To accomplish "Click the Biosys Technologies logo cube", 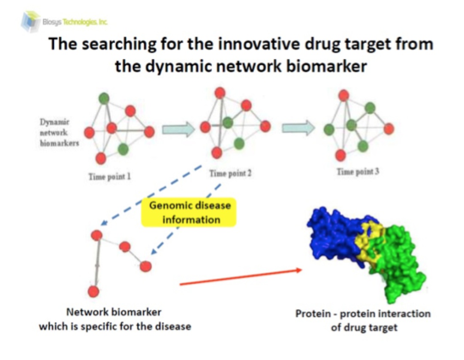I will (x=31, y=21).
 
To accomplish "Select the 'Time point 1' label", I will (x=109, y=176).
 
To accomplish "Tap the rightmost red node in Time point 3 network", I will (x=389, y=128).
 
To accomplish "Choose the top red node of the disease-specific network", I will (x=97, y=235).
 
